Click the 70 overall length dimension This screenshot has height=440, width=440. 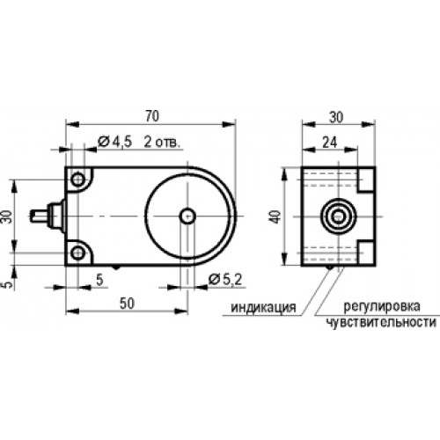(x=152, y=116)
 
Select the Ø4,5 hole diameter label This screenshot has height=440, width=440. (x=115, y=142)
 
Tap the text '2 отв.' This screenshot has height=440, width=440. (x=162, y=143)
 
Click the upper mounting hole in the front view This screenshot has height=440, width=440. (x=78, y=180)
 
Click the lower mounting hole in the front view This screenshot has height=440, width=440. (x=78, y=253)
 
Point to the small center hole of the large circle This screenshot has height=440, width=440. (x=187, y=216)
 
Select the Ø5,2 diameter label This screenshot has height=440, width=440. (x=225, y=280)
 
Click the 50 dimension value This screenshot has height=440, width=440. (x=127, y=304)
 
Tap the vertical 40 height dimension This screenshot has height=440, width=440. (x=276, y=216)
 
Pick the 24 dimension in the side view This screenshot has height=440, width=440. (x=330, y=143)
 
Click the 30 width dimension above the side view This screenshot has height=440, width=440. (x=336, y=117)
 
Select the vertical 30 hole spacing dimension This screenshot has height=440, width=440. (x=8, y=216)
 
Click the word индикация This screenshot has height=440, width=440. (x=263, y=307)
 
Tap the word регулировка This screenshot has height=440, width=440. (x=382, y=307)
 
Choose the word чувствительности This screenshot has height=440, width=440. (x=381, y=322)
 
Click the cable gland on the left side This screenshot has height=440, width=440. (x=48, y=216)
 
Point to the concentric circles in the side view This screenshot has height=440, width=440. (x=339, y=216)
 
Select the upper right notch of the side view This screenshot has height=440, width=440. (x=366, y=180)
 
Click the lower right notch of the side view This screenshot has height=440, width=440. (x=366, y=253)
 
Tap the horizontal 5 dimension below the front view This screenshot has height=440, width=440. (x=99, y=280)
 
